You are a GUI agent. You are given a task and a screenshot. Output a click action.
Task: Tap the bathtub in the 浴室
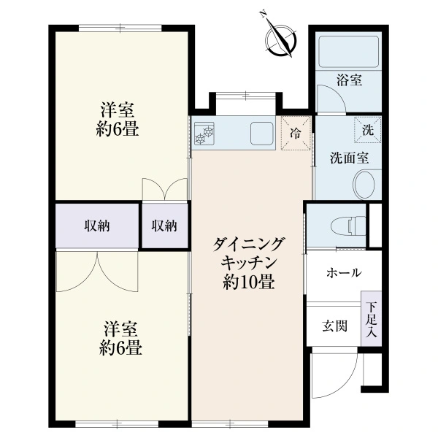coord(349,52)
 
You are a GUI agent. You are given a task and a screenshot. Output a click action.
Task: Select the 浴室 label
coord(349,80)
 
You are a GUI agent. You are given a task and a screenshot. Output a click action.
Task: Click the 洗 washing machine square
coord(368,130)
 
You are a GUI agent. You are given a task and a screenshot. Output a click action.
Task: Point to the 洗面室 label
coord(349,158)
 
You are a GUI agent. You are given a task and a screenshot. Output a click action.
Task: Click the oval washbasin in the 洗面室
coord(364,185)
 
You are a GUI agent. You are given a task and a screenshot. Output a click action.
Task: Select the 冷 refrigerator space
coord(296,133)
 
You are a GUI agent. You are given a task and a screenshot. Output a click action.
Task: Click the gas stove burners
coord(204,134)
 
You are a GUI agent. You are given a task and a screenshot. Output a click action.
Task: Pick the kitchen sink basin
coord(261,134)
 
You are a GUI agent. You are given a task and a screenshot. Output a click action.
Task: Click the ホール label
coord(344,272)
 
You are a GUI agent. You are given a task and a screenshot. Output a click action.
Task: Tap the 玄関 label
coord(334,326)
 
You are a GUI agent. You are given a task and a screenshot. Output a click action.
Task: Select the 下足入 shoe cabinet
coord(372,318)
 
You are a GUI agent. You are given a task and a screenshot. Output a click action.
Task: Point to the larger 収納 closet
coord(97,226)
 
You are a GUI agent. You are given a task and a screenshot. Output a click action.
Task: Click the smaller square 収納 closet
coord(164,226)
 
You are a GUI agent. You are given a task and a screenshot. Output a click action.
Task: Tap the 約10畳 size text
coord(249,282)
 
